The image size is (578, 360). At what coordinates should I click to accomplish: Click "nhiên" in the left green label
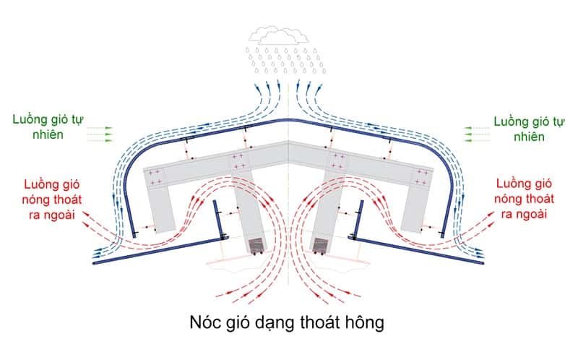[48, 134]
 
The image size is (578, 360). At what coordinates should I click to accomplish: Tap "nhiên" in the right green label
[529, 137]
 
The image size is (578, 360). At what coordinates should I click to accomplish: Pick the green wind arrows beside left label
[100, 134]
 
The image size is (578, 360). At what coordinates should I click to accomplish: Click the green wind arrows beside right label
[477, 134]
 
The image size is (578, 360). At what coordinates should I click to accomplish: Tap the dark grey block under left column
[256, 246]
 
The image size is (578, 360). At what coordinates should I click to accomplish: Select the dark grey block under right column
[320, 246]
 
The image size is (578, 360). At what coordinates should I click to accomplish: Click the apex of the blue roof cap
[288, 119]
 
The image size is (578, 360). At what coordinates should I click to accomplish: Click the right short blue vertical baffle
[358, 220]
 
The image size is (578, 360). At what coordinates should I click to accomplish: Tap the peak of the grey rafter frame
[288, 141]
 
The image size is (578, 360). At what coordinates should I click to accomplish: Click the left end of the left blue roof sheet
[95, 263]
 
